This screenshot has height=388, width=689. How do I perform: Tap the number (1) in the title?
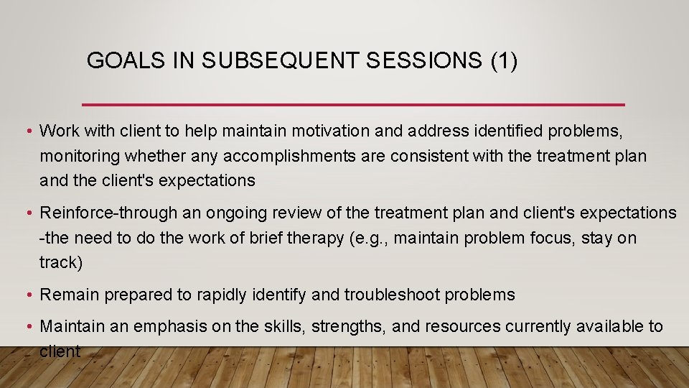click(503, 61)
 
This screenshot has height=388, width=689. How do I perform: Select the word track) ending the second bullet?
click(61, 262)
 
